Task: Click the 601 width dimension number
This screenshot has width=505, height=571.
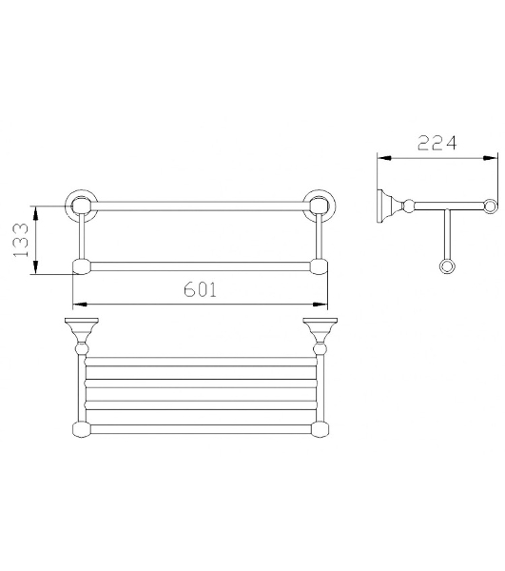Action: [200, 289]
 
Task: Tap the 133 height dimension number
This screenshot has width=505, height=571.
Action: [21, 240]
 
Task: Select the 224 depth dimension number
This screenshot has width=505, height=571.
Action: [437, 143]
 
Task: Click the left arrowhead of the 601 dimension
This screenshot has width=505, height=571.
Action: [79, 304]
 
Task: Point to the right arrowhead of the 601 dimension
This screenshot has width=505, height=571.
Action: [320, 304]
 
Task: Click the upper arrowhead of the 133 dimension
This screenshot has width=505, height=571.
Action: [35, 212]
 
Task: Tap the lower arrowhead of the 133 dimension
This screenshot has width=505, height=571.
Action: [35, 267]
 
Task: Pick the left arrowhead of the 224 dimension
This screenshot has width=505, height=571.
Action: [384, 158]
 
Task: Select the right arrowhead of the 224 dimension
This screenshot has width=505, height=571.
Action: [490, 158]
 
